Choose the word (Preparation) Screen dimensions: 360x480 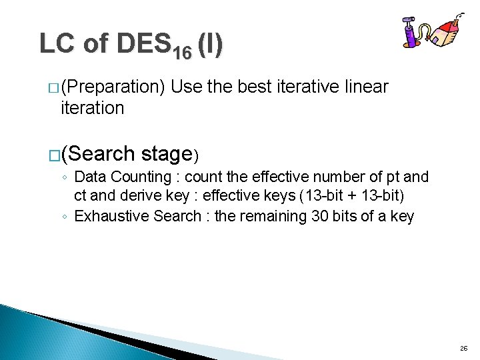[114, 87]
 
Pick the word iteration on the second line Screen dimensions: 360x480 [92, 108]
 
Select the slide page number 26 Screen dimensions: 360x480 [463, 349]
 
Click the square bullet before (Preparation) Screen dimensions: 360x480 [53, 88]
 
